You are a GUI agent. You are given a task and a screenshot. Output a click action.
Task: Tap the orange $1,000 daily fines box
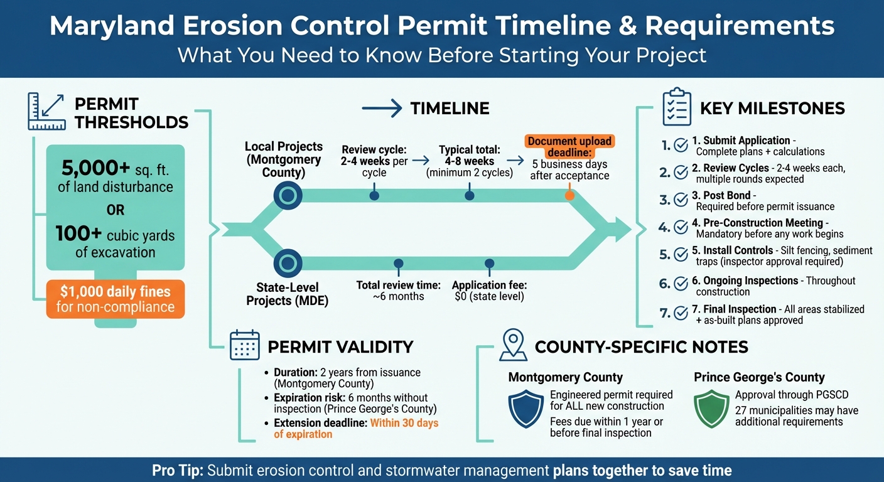click(x=116, y=299)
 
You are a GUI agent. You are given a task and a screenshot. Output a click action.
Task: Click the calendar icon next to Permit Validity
click(x=245, y=345)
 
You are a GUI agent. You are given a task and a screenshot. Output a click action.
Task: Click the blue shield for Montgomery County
click(x=526, y=409)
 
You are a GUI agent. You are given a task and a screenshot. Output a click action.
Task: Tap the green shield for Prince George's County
click(x=711, y=409)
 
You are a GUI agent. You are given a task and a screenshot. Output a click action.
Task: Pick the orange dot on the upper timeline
click(x=569, y=195)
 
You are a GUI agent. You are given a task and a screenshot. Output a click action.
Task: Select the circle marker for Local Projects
click(x=288, y=196)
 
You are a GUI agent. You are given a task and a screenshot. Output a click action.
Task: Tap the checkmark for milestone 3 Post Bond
click(x=681, y=200)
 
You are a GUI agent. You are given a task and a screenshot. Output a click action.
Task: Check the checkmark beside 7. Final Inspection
click(x=681, y=313)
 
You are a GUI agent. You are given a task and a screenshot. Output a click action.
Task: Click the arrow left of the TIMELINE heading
click(x=382, y=109)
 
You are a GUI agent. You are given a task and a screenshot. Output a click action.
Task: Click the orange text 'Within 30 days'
click(x=404, y=423)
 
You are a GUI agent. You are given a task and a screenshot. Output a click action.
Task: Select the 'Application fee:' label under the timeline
click(x=489, y=285)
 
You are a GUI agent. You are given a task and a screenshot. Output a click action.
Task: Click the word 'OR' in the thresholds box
click(x=116, y=210)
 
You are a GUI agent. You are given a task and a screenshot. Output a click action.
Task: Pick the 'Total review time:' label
click(x=398, y=285)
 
